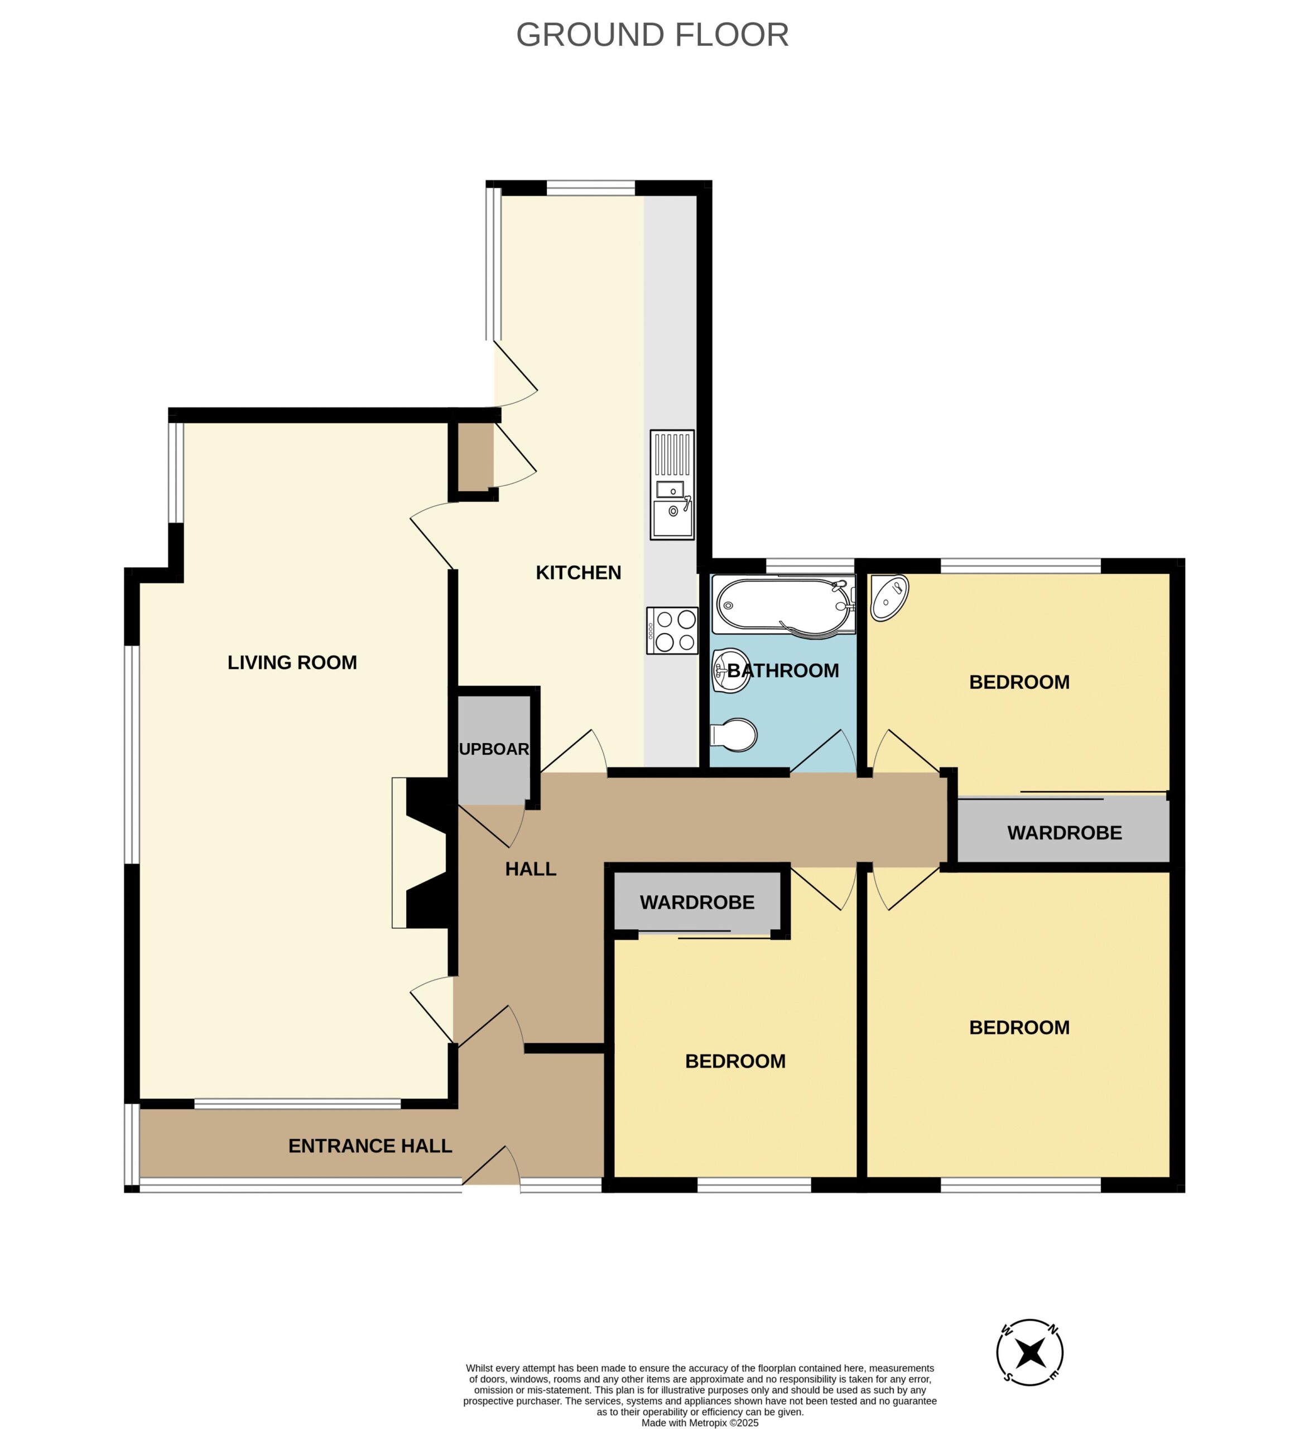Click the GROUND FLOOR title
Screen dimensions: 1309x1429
pos(652,35)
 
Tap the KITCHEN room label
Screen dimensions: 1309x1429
pos(578,572)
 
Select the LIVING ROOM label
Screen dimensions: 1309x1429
pos(292,662)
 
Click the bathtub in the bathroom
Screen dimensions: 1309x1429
pos(783,605)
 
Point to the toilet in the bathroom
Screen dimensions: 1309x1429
pos(734,735)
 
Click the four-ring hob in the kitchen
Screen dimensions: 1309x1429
pos(672,630)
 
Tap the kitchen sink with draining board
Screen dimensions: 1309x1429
pos(672,485)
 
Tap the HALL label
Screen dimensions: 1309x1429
pos(530,869)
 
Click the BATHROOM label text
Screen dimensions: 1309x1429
pos(783,670)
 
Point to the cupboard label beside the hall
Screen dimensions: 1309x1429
pos(494,749)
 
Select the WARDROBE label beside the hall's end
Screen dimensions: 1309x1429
pos(1065,832)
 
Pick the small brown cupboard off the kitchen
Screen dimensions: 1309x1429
pos(475,456)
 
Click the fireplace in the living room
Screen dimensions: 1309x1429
pos(420,853)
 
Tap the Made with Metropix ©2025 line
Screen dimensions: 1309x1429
pos(700,1423)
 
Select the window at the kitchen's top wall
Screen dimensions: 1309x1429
pos(590,188)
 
